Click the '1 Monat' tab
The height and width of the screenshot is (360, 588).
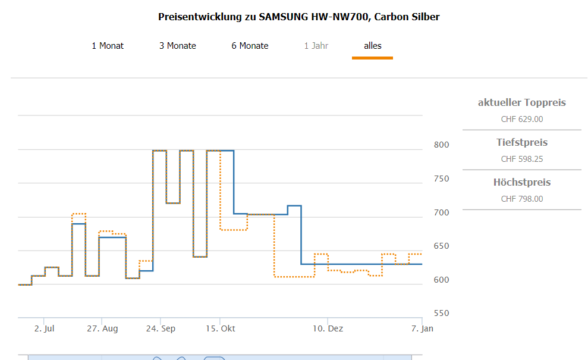point(108,46)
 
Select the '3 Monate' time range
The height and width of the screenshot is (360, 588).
point(177,46)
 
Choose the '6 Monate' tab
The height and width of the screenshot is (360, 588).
point(250,46)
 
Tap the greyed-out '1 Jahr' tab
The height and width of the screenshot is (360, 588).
point(316,46)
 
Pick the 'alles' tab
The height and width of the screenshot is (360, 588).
point(372,46)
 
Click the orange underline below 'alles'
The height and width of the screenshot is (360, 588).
point(372,58)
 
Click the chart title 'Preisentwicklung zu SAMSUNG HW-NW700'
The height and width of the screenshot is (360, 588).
point(298,17)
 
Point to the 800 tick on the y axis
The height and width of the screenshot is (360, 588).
point(441,145)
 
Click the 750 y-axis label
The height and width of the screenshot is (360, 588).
point(441,179)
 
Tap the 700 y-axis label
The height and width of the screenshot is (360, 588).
point(441,212)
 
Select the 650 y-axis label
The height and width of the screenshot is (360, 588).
point(441,246)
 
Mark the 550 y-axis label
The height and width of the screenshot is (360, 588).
point(441,314)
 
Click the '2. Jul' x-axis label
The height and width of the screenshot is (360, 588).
point(44,328)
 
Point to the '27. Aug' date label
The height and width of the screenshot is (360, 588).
point(102,328)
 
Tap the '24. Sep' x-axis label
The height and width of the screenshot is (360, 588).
point(161,328)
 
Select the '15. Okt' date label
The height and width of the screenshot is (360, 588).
point(220,328)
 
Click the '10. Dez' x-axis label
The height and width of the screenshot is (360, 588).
point(328,328)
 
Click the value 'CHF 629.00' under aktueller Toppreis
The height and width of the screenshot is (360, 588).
point(521,119)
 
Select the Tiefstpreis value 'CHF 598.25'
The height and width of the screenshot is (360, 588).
point(521,159)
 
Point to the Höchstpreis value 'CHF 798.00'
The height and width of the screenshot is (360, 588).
point(521,199)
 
